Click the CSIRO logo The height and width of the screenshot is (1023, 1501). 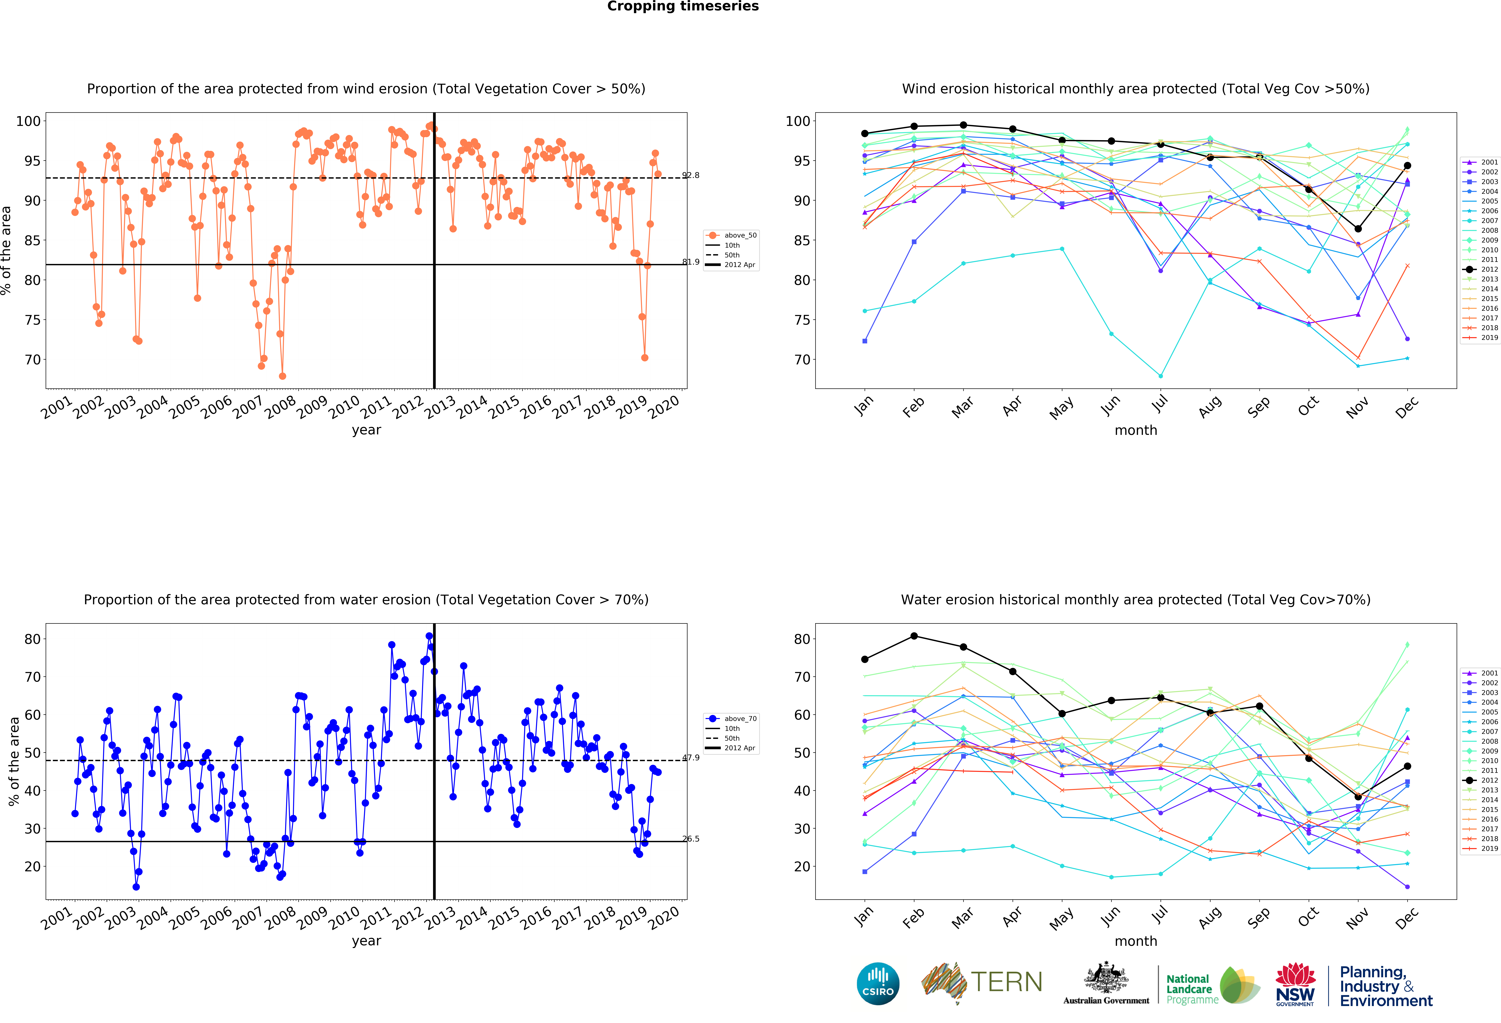(878, 984)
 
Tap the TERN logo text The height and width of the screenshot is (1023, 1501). (1006, 982)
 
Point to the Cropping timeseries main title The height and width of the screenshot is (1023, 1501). (683, 6)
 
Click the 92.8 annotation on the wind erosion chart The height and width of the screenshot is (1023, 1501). (690, 175)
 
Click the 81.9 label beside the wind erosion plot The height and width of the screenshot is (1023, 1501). (690, 262)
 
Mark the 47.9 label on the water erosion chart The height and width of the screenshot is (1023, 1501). (690, 758)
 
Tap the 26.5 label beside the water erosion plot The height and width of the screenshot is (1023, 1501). (690, 839)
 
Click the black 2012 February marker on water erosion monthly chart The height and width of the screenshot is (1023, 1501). (914, 636)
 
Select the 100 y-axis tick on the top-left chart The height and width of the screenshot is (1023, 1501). (28, 121)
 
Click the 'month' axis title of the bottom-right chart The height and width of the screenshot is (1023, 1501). (1135, 941)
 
